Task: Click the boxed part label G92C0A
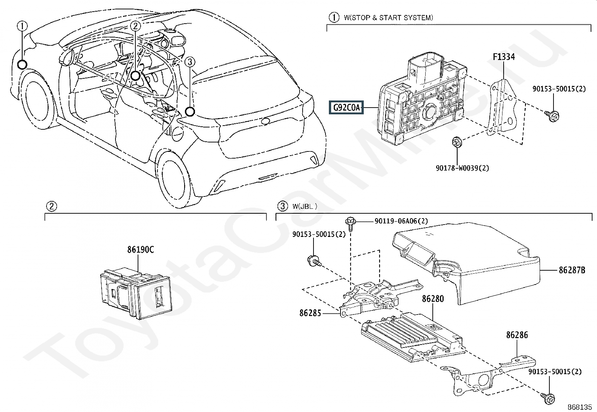coord(346,108)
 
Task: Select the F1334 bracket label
coord(503,57)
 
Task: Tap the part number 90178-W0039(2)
coord(462,168)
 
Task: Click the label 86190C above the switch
coord(140,250)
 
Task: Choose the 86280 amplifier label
coord(433,299)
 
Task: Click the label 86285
coord(310,313)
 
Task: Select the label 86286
coord(517,335)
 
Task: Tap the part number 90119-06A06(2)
coord(401,221)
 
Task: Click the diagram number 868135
coord(579,407)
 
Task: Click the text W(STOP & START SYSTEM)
coord(388,18)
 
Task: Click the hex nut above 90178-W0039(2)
coord(457,142)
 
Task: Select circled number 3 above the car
coord(190,62)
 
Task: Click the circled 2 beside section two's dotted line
coord(51,206)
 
